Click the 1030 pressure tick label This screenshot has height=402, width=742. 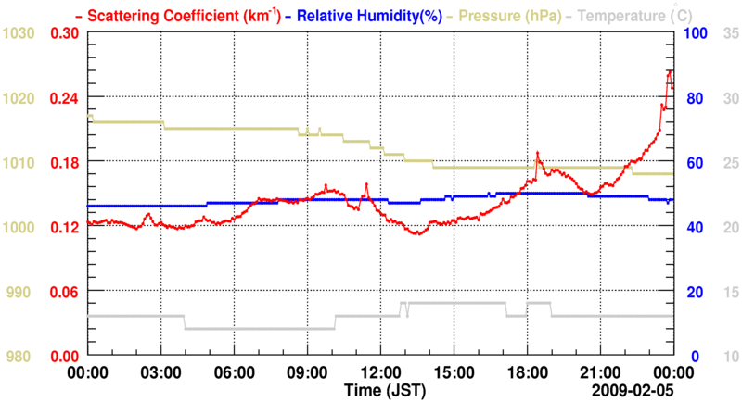19,34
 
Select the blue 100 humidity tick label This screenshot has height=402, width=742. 696,34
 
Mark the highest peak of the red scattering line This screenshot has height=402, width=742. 670,70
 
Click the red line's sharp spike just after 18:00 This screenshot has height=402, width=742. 537,152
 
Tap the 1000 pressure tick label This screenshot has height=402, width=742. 19,228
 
